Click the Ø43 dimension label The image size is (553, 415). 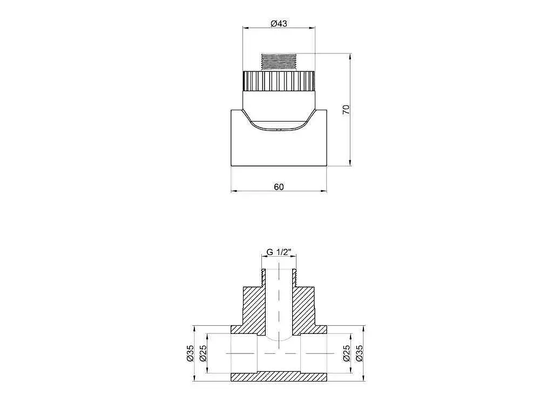[x=279, y=24]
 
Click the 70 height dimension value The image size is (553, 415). [x=346, y=109]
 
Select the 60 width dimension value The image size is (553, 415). [x=279, y=186]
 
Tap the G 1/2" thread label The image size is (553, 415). [x=279, y=252]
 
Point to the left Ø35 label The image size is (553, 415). [x=190, y=353]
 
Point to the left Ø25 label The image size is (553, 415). [x=203, y=353]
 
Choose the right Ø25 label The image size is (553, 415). [x=346, y=353]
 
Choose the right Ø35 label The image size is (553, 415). [x=359, y=353]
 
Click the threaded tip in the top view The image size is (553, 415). [x=279, y=63]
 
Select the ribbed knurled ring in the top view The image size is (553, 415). [x=279, y=81]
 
